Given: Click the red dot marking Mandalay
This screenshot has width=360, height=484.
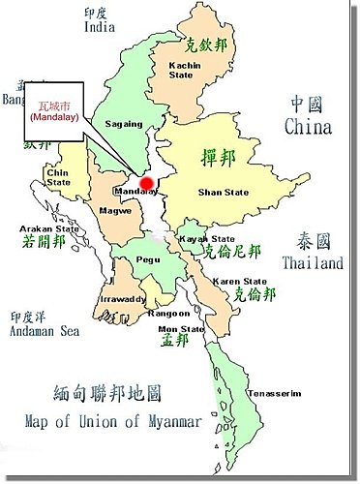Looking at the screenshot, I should click(x=146, y=183).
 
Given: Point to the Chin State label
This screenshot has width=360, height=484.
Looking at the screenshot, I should click(x=60, y=176).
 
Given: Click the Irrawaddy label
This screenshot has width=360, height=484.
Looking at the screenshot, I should click(x=121, y=300).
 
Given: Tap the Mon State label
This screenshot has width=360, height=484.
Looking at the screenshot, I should click(x=186, y=329).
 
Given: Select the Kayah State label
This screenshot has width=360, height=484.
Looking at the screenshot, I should click(x=209, y=238).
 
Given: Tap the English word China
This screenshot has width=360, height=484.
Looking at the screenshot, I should click(x=308, y=127).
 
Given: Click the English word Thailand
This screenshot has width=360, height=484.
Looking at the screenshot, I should click(x=312, y=263).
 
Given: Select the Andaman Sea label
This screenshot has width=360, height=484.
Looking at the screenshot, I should click(x=45, y=330).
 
